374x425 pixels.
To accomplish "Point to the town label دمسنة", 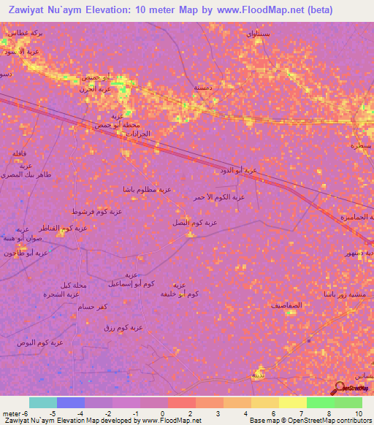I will [202, 86].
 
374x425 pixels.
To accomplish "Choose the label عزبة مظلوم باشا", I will [148, 189].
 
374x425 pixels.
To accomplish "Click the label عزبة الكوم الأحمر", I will [218, 197].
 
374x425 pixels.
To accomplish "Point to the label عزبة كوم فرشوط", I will [96, 212].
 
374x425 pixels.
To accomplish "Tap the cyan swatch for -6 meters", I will [42, 402].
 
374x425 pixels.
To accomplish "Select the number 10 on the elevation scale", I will [358, 413].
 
